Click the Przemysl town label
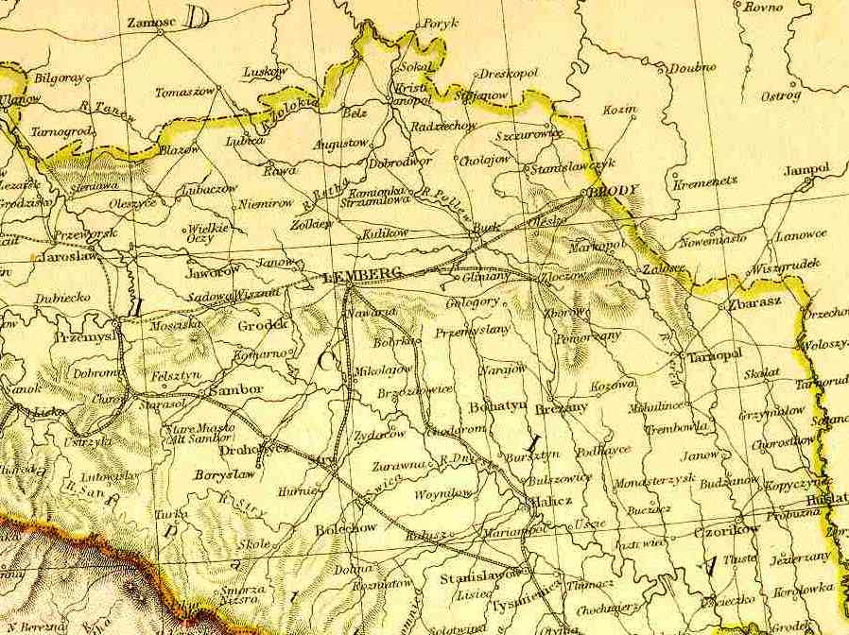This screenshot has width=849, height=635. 84,335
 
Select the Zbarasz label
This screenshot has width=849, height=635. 753,304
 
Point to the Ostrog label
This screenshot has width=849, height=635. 781,95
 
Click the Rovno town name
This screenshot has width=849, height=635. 764,8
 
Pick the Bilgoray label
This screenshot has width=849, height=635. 60,77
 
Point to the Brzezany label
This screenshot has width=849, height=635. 561,406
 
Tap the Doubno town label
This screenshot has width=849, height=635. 693,67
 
